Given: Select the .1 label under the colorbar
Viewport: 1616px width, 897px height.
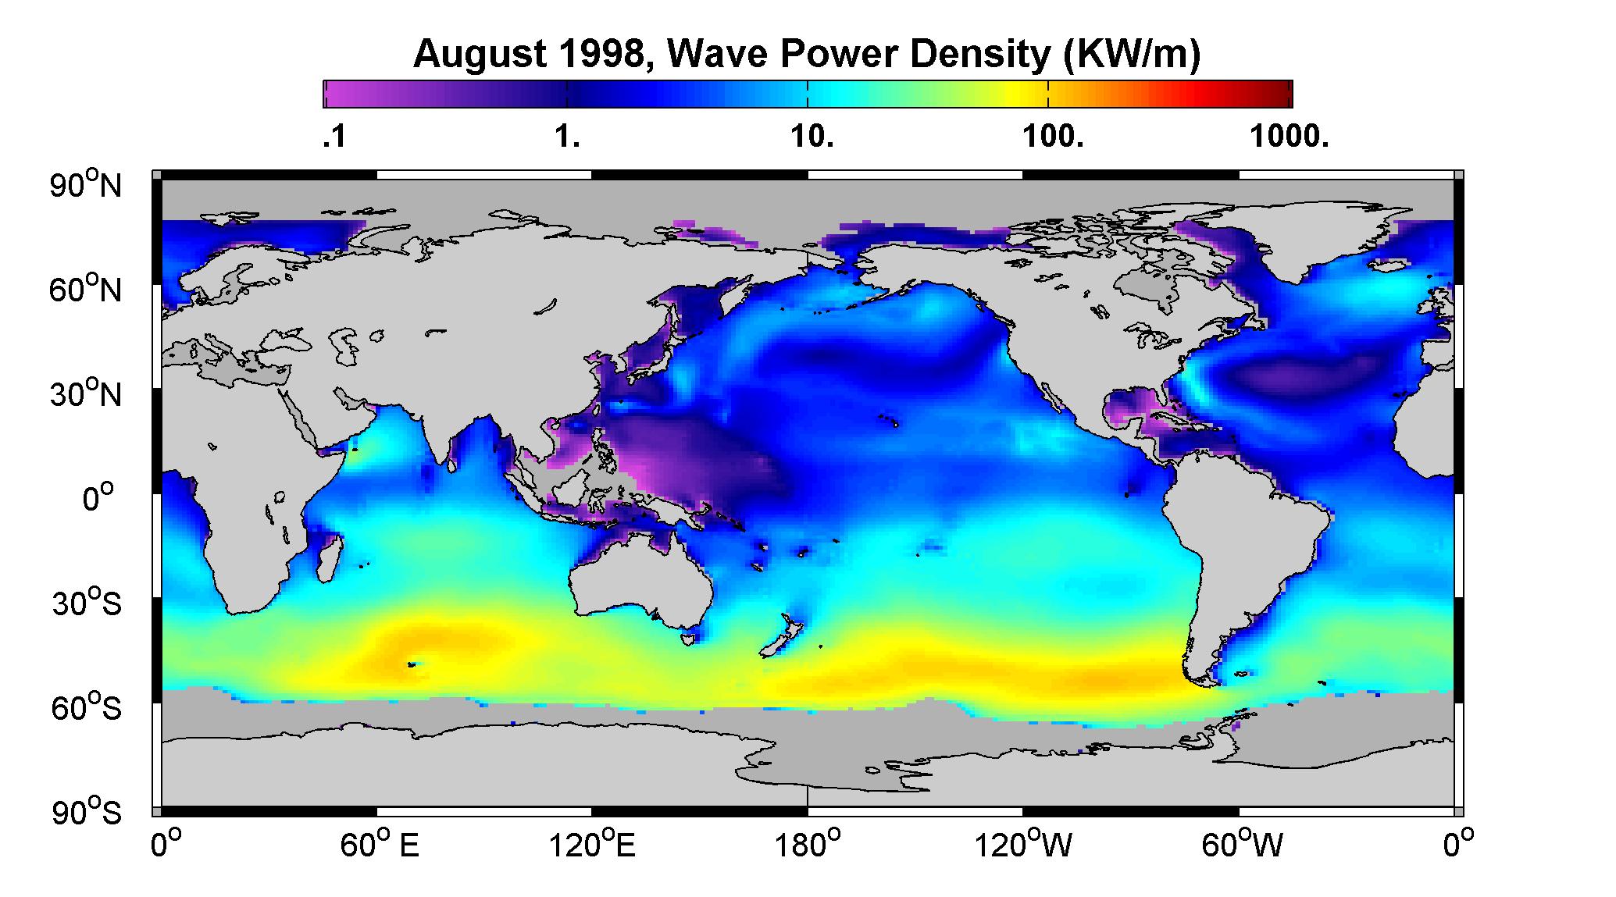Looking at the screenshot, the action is (x=334, y=138).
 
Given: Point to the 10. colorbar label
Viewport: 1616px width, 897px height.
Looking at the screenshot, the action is (x=812, y=138).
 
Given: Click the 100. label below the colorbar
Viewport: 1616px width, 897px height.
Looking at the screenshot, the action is (x=1053, y=138).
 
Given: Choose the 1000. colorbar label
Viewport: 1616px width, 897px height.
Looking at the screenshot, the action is (x=1289, y=138).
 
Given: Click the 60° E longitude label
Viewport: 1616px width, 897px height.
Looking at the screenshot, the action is (x=379, y=845).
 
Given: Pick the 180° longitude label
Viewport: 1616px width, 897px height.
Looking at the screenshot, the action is (x=808, y=845).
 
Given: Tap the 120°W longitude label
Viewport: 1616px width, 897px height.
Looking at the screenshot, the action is (x=1024, y=845).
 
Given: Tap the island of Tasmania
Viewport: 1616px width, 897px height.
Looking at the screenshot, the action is (x=688, y=639).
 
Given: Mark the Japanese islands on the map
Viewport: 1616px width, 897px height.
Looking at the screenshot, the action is (x=653, y=355).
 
